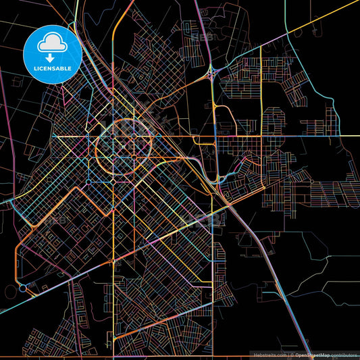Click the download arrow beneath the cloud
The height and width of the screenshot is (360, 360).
point(53,49)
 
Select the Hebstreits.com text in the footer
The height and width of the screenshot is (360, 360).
point(269,354)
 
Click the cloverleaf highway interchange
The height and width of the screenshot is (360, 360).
point(213,73)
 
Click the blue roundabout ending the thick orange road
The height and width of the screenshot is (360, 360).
point(24,288)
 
